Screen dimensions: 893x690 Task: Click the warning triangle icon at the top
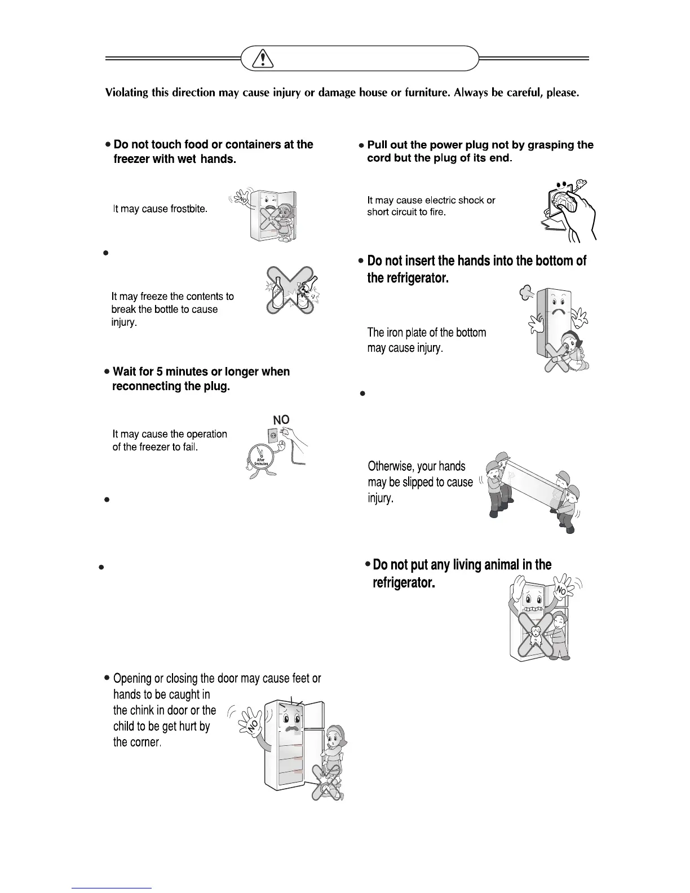[262, 59]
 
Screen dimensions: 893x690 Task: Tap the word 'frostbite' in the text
[189, 209]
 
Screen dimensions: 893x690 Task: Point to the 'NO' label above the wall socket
[281, 420]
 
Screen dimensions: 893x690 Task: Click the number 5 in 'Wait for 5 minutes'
[158, 372]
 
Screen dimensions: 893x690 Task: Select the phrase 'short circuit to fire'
[406, 213]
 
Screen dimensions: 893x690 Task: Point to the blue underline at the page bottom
[112, 888]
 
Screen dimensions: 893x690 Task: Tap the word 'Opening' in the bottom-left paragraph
[133, 679]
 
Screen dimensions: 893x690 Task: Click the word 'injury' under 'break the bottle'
[123, 323]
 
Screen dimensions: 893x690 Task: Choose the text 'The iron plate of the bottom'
[426, 333]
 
